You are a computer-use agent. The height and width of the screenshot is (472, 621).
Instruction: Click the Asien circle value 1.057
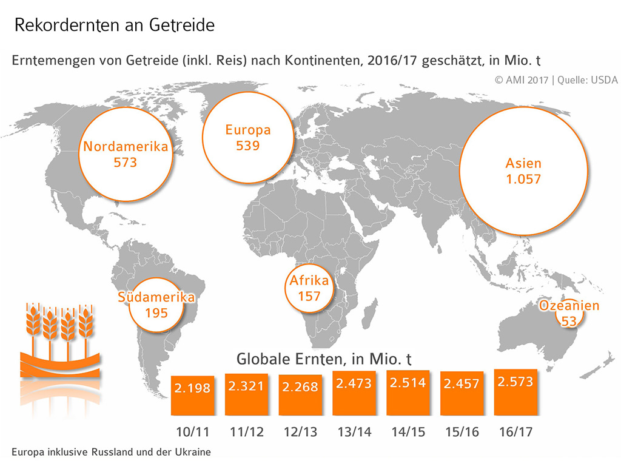click(x=523, y=180)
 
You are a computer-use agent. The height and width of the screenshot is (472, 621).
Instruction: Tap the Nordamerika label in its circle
click(x=126, y=147)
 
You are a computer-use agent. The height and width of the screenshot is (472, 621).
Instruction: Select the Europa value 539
click(x=248, y=146)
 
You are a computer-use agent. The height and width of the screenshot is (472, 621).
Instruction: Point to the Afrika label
click(x=309, y=281)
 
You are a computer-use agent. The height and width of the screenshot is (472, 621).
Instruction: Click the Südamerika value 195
click(x=156, y=313)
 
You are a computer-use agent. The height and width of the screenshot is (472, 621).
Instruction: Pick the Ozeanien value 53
click(x=569, y=321)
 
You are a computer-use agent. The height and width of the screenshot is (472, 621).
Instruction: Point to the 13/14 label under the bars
click(x=354, y=433)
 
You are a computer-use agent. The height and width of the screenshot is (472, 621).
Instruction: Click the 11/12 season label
click(x=246, y=433)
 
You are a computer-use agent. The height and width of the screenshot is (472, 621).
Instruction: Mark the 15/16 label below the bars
click(x=462, y=433)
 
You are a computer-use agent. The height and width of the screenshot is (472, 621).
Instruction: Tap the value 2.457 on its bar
click(x=462, y=384)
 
